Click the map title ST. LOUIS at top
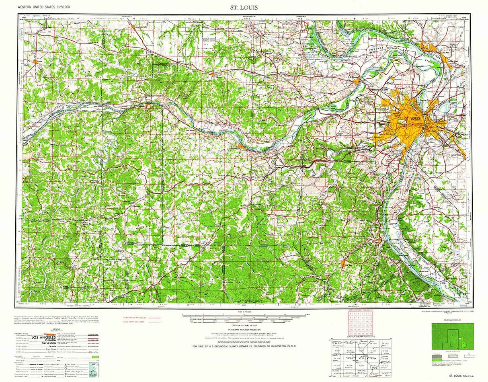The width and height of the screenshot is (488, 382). point(244,7)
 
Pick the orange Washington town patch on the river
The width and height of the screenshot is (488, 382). point(240,146)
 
